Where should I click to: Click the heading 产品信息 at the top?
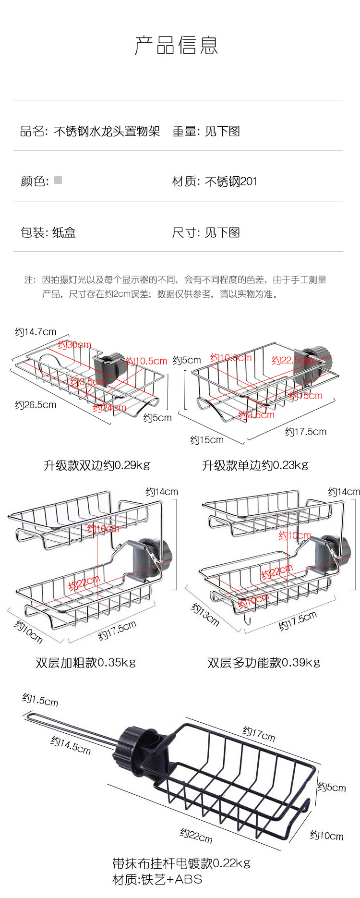tap(176, 45)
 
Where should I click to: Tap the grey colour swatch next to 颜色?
tap(58, 180)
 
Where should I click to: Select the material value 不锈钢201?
tap(231, 182)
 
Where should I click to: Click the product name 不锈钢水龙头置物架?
tap(107, 131)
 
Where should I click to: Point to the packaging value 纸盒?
tap(64, 233)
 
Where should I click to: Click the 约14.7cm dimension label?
tap(36, 332)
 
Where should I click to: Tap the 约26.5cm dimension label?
tap(36, 405)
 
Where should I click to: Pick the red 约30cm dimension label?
tap(74, 345)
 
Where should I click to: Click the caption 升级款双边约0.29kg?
tap(97, 465)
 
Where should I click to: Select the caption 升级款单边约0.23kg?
tap(255, 465)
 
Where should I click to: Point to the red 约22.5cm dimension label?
tap(292, 360)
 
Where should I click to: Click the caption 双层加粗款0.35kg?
tap(86, 663)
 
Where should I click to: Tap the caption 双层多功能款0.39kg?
tap(264, 663)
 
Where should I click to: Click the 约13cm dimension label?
tap(205, 615)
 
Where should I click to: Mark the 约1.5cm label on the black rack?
tap(40, 700)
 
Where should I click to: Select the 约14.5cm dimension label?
tap(71, 745)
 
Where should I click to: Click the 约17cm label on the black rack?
tap(259, 733)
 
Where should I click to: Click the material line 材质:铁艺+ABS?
tap(157, 879)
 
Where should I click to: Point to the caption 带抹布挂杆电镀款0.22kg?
tap(181, 863)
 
